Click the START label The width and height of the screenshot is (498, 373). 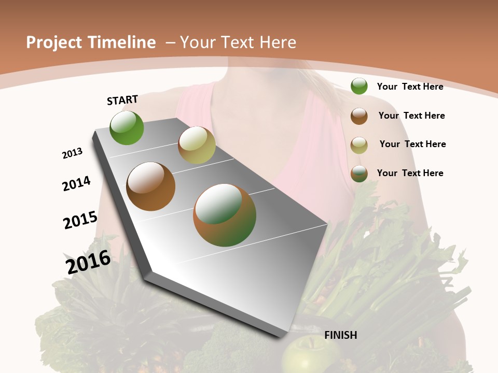(122, 100)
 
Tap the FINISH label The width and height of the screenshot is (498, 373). (340, 335)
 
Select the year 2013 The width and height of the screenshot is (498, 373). (72, 153)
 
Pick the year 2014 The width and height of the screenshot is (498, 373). (76, 183)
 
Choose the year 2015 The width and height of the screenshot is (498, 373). (80, 220)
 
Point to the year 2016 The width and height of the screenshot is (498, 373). (88, 262)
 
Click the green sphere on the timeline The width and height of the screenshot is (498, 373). (127, 127)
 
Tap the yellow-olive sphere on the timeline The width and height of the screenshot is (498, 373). (197, 145)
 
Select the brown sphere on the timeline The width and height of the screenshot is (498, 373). (151, 187)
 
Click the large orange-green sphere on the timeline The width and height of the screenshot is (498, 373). (225, 215)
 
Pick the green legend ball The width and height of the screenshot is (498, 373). (359, 86)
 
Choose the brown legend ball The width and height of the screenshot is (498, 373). (359, 116)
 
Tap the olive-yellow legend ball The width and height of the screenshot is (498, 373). (359, 145)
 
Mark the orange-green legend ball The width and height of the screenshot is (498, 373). (359, 174)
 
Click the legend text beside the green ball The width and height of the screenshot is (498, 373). (410, 87)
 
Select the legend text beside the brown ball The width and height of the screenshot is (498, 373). (411, 116)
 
